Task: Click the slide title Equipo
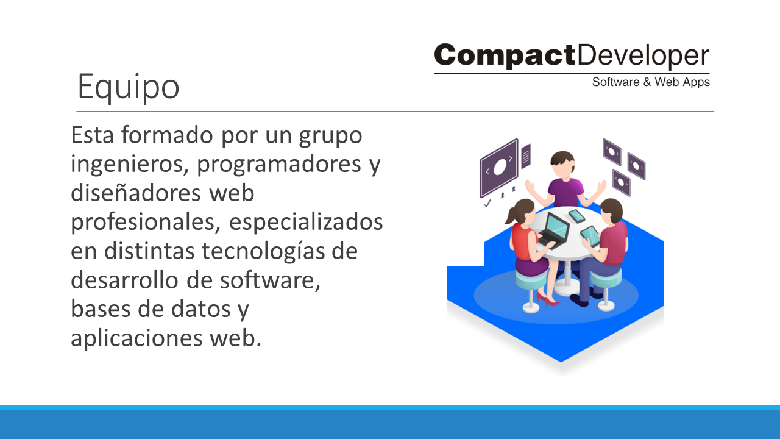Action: coord(129,87)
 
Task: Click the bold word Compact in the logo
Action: coord(505,55)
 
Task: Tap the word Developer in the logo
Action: coord(643,55)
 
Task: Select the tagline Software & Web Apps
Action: coord(651,82)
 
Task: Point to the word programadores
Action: coord(279,165)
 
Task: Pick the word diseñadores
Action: coord(136,193)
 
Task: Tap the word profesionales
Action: coord(146,223)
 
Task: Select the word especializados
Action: coord(306,223)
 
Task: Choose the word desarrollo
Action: coord(124,280)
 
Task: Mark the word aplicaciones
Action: coord(136,338)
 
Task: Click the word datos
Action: coord(201,309)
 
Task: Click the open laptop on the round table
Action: coord(554,230)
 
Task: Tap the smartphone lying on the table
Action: coord(576,216)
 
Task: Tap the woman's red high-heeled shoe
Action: coord(547,300)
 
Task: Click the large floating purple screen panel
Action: coord(499,168)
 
